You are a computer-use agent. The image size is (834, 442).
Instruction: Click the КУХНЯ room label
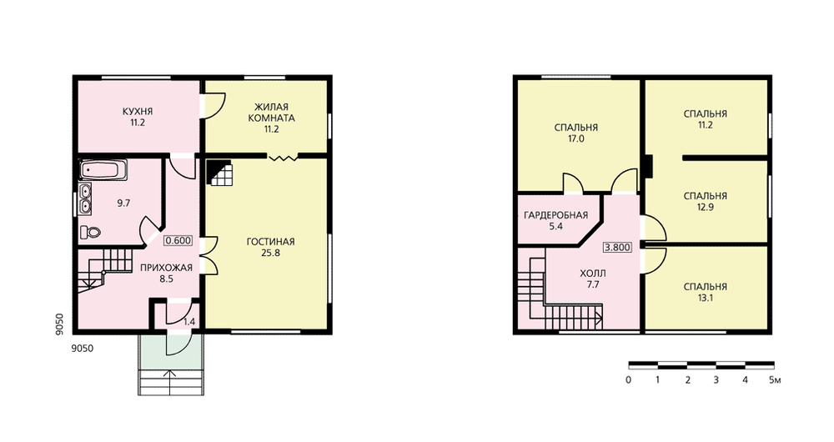[x=138, y=112]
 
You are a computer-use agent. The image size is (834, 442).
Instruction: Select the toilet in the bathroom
[x=90, y=233]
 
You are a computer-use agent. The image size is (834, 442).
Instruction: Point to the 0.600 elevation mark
[x=178, y=240]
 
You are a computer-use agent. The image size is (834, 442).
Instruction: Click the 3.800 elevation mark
[x=617, y=248]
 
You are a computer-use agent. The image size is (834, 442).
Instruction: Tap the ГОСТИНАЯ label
[x=270, y=242]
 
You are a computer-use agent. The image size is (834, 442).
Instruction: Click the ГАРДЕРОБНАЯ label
[x=555, y=215]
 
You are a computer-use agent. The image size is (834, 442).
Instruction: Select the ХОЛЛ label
[x=593, y=274]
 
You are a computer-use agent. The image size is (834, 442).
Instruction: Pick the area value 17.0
[x=576, y=138]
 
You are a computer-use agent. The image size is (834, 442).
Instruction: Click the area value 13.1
[x=706, y=298]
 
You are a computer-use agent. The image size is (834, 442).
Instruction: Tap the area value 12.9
[x=706, y=208]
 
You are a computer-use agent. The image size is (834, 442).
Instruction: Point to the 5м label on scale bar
[x=775, y=380]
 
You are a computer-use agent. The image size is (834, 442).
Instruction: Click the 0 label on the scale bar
[x=629, y=380]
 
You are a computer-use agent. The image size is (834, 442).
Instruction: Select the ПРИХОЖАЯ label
[x=166, y=268]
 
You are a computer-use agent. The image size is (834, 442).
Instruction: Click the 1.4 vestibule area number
[x=188, y=322]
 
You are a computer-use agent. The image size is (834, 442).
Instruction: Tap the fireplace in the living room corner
[x=219, y=172]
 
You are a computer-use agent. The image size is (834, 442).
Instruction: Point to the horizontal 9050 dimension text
[x=82, y=349]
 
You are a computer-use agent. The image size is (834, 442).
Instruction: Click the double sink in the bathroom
[x=85, y=198]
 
